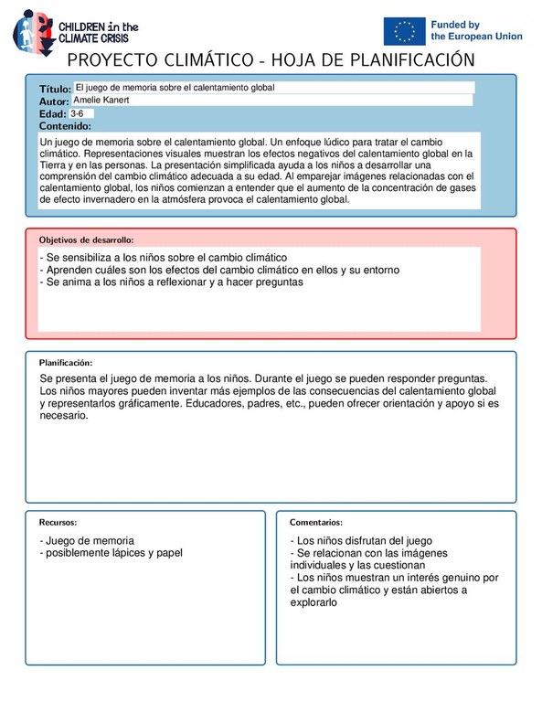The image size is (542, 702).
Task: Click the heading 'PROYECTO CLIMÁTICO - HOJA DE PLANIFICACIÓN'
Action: point(271,60)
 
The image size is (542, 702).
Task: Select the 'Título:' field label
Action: point(55,89)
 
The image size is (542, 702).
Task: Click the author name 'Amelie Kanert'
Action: point(101,100)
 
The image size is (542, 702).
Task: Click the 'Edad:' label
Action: point(53,113)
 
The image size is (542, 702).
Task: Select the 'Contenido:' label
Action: point(64,126)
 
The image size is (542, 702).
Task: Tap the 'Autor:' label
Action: point(54,101)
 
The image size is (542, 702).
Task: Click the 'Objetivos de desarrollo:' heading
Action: point(86,239)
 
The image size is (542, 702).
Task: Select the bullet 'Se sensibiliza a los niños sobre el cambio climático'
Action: point(165,258)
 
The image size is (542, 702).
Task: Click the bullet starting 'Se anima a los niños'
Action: point(171,282)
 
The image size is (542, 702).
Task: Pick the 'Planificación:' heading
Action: point(65,363)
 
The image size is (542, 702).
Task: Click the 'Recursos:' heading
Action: point(57,522)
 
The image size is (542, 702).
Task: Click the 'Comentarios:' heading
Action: point(315,522)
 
